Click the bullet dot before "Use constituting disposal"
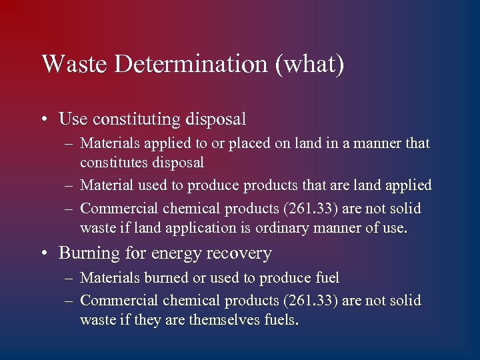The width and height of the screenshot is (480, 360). pos(44,121)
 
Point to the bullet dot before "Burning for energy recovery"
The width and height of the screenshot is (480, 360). pos(44,254)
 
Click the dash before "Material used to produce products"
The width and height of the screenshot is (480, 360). pos(69,185)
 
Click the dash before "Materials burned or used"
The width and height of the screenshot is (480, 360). pos(69,278)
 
